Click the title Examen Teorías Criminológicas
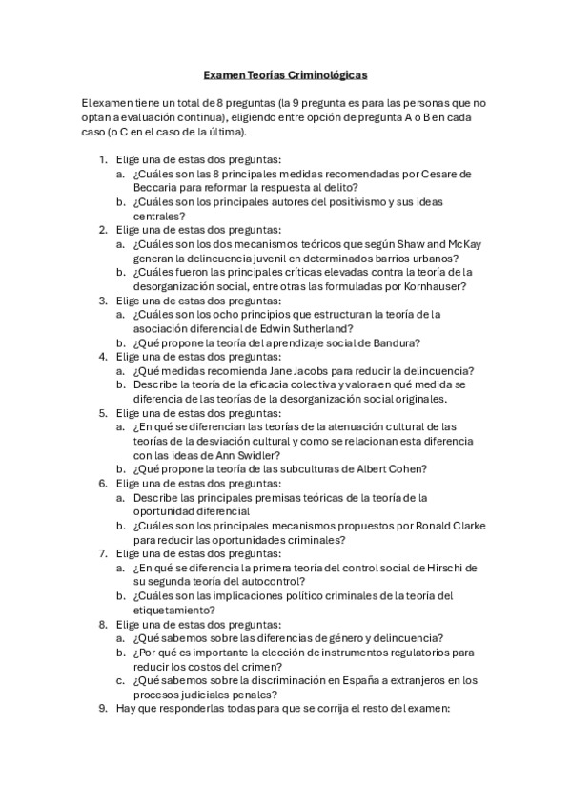tap(285, 73)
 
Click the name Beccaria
tap(156, 188)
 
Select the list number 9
tap(104, 708)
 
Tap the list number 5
tap(104, 412)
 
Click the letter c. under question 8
tap(121, 680)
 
